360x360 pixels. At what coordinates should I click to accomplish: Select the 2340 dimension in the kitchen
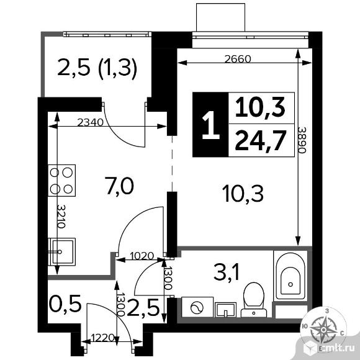pyautogui.click(x=89, y=122)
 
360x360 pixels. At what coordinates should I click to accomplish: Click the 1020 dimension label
pyautogui.click(x=142, y=254)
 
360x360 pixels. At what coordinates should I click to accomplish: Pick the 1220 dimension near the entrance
pyautogui.click(x=103, y=339)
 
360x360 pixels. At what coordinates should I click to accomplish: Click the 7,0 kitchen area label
pyautogui.click(x=119, y=185)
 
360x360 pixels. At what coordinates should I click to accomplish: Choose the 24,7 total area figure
pyautogui.click(x=260, y=141)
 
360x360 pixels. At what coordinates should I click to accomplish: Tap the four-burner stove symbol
pyautogui.click(x=62, y=179)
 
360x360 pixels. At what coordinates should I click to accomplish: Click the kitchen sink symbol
pyautogui.click(x=61, y=252)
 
